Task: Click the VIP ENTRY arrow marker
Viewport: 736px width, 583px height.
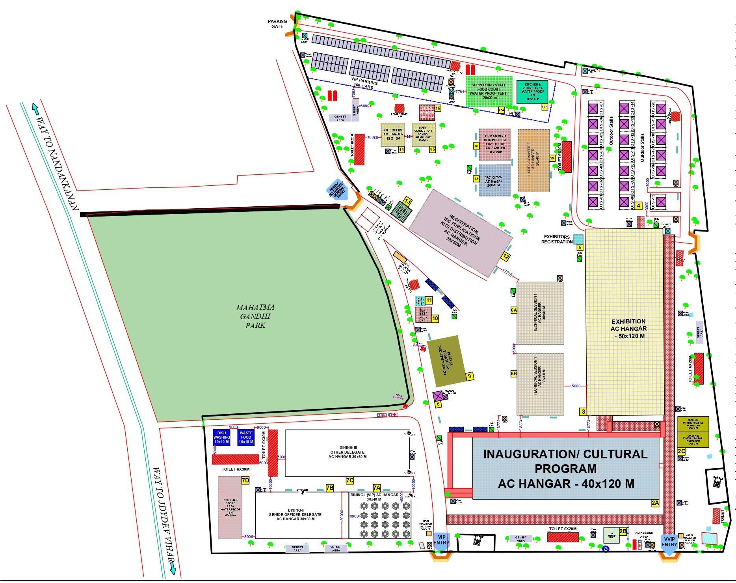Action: tap(441, 540)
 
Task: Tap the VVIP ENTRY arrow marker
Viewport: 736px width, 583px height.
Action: tap(669, 542)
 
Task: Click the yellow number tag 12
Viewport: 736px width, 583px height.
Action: tap(506, 256)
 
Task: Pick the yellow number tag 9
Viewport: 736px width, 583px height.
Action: tap(469, 376)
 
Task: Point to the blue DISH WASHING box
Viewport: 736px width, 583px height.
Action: tap(221, 437)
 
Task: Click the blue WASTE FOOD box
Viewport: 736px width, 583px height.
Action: tap(246, 437)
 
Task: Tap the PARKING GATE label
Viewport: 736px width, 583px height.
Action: tap(277, 24)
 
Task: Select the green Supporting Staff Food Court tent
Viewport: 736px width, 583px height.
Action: tap(489, 91)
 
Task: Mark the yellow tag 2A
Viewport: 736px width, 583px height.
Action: tap(655, 503)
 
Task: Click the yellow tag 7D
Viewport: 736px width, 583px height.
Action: tap(245, 480)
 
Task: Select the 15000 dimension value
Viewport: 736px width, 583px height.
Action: tap(575, 386)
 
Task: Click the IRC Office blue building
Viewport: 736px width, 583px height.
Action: tap(494, 181)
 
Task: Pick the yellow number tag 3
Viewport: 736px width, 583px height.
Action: tap(584, 411)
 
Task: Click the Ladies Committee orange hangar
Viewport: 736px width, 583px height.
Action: tap(533, 161)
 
